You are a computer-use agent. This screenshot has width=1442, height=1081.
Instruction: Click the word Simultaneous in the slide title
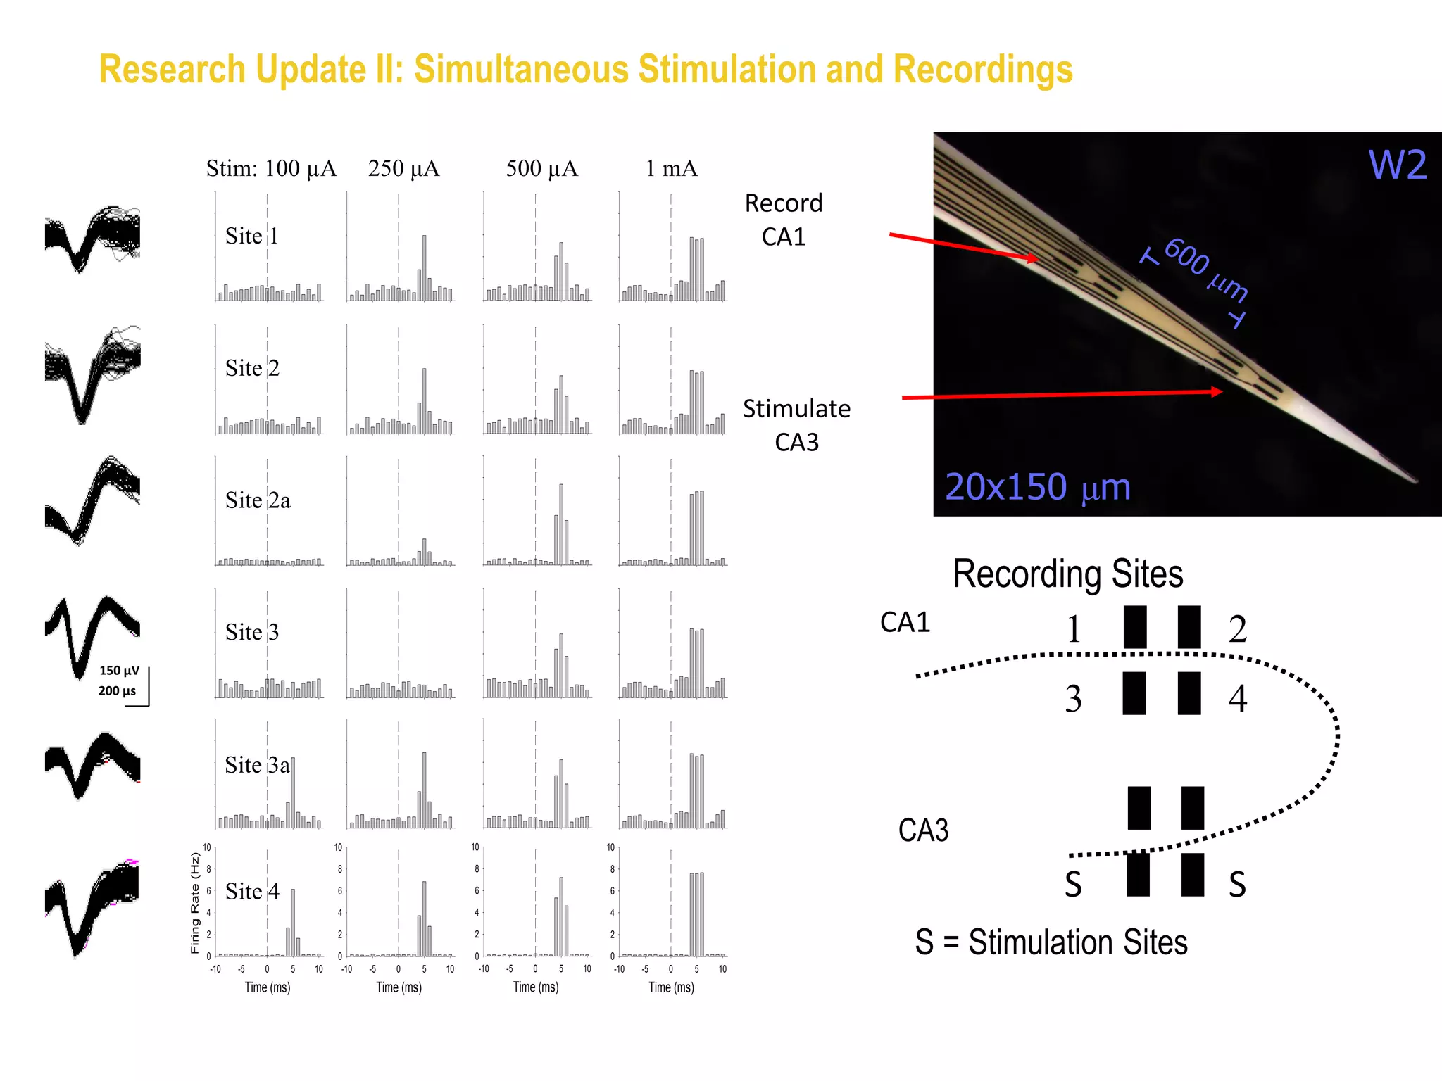tap(521, 70)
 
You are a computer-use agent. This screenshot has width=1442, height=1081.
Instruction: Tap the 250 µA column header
tap(403, 168)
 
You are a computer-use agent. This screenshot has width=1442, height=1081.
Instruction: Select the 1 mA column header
tap(671, 168)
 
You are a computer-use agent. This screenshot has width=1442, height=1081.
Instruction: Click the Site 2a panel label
tap(258, 500)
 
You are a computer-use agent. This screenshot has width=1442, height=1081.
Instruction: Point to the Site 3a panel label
tap(257, 765)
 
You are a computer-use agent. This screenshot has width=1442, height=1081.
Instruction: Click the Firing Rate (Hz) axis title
tap(196, 903)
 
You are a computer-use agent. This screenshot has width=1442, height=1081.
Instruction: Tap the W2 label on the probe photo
tap(1397, 165)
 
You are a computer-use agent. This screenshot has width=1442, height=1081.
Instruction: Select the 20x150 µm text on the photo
tap(1037, 487)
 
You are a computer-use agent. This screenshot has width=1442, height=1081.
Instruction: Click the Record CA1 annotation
tap(784, 220)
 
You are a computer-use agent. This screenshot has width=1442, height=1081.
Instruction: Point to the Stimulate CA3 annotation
tap(796, 425)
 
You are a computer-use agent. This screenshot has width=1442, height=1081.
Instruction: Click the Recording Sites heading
tap(1067, 574)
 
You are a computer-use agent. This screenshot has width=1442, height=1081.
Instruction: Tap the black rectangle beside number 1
tap(1134, 627)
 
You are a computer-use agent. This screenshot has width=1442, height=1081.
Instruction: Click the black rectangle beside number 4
tap(1189, 693)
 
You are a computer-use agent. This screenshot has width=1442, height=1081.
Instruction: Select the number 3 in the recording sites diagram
tap(1073, 699)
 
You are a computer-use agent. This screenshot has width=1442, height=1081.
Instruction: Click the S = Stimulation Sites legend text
tap(1051, 942)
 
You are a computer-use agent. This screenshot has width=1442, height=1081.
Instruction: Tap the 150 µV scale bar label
tap(119, 671)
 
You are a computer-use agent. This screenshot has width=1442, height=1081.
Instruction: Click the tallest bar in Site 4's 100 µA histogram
tap(293, 922)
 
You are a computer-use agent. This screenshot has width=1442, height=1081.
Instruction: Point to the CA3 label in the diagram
tap(923, 830)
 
